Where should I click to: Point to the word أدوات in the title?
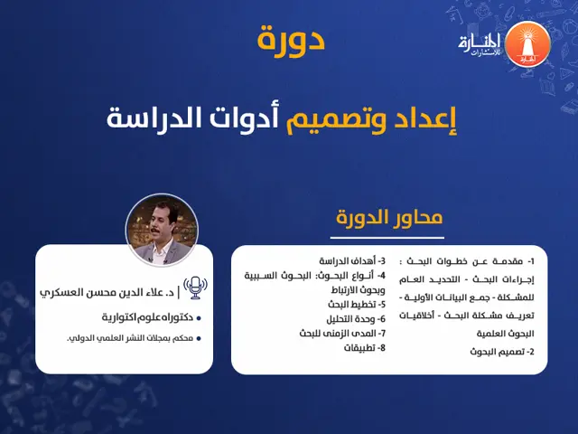tap(254, 118)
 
